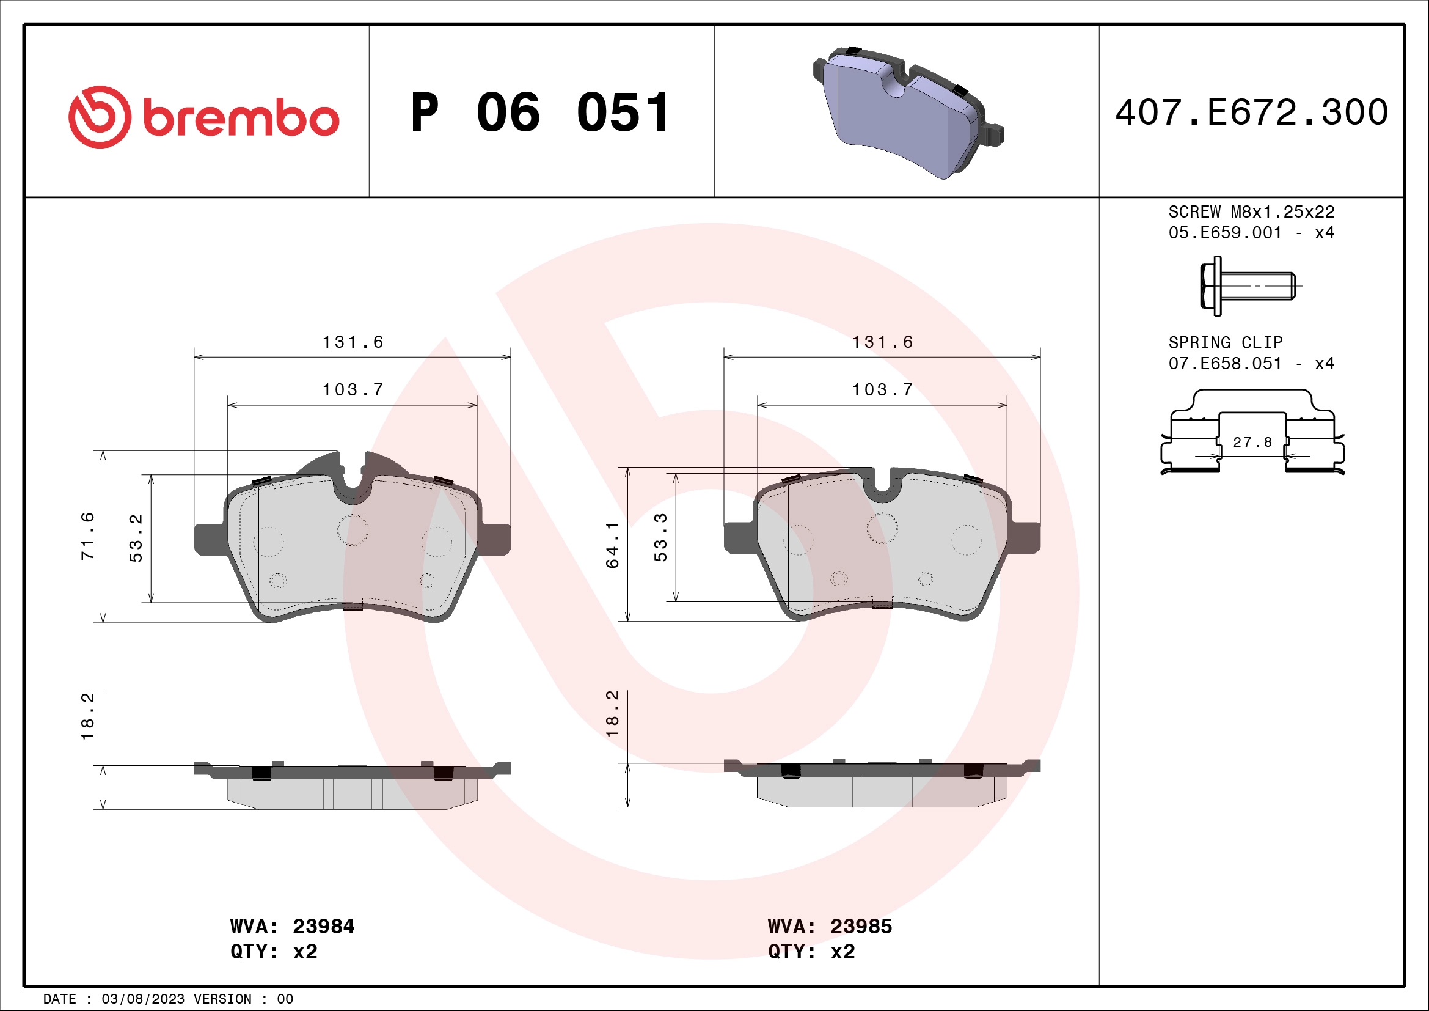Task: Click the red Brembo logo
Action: pos(203,117)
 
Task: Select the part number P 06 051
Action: pos(540,112)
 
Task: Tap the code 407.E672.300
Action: pos(1252,112)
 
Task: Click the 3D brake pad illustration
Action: pos(907,112)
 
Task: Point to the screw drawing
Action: pos(1248,285)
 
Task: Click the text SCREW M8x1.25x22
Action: pos(1251,212)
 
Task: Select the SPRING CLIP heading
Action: pos(1225,343)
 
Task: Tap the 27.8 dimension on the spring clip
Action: pos(1252,442)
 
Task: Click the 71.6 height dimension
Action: pos(88,536)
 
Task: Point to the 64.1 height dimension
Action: pos(612,545)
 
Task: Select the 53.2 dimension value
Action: pos(136,538)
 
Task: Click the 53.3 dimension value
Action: pos(660,537)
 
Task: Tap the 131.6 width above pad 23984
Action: pos(353,342)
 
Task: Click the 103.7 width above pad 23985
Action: pos(882,391)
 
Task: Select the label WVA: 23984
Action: pos(292,926)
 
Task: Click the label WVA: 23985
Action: pos(830,926)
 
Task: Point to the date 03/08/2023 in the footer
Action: pos(142,999)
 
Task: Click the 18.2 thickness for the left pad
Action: pos(88,716)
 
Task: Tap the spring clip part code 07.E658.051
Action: pos(1225,364)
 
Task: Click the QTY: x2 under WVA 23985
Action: pos(811,952)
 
